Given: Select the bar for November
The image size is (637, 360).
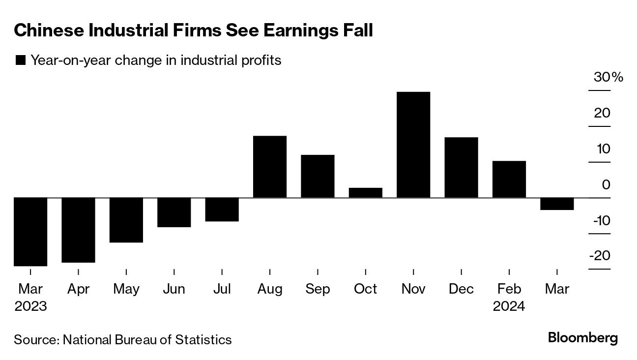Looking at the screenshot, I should (x=413, y=145).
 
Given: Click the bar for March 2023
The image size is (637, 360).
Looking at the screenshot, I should (x=30, y=232).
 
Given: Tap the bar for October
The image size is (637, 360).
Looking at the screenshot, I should (x=365, y=193).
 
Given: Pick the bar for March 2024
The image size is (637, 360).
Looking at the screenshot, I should (x=557, y=204).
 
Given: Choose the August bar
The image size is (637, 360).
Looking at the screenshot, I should (x=270, y=167).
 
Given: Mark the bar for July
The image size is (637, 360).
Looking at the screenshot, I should (x=222, y=210).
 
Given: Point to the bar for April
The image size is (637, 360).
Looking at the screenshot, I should (x=78, y=230).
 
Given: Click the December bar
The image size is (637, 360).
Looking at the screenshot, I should (x=461, y=167).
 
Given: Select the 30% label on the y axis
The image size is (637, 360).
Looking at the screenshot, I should (x=608, y=78).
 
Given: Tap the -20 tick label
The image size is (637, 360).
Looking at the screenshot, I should (x=601, y=256).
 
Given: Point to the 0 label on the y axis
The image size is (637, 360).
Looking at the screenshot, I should (x=606, y=185).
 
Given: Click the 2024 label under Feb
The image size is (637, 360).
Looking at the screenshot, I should (x=509, y=306).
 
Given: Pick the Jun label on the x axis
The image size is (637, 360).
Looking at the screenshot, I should (x=174, y=289).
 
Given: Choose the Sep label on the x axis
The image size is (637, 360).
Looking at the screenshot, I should (x=318, y=289).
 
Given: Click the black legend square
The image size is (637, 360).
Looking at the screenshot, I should (x=21, y=60).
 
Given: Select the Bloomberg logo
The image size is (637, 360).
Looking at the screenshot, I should (x=582, y=338).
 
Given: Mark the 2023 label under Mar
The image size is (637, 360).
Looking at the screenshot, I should (x=30, y=306).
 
